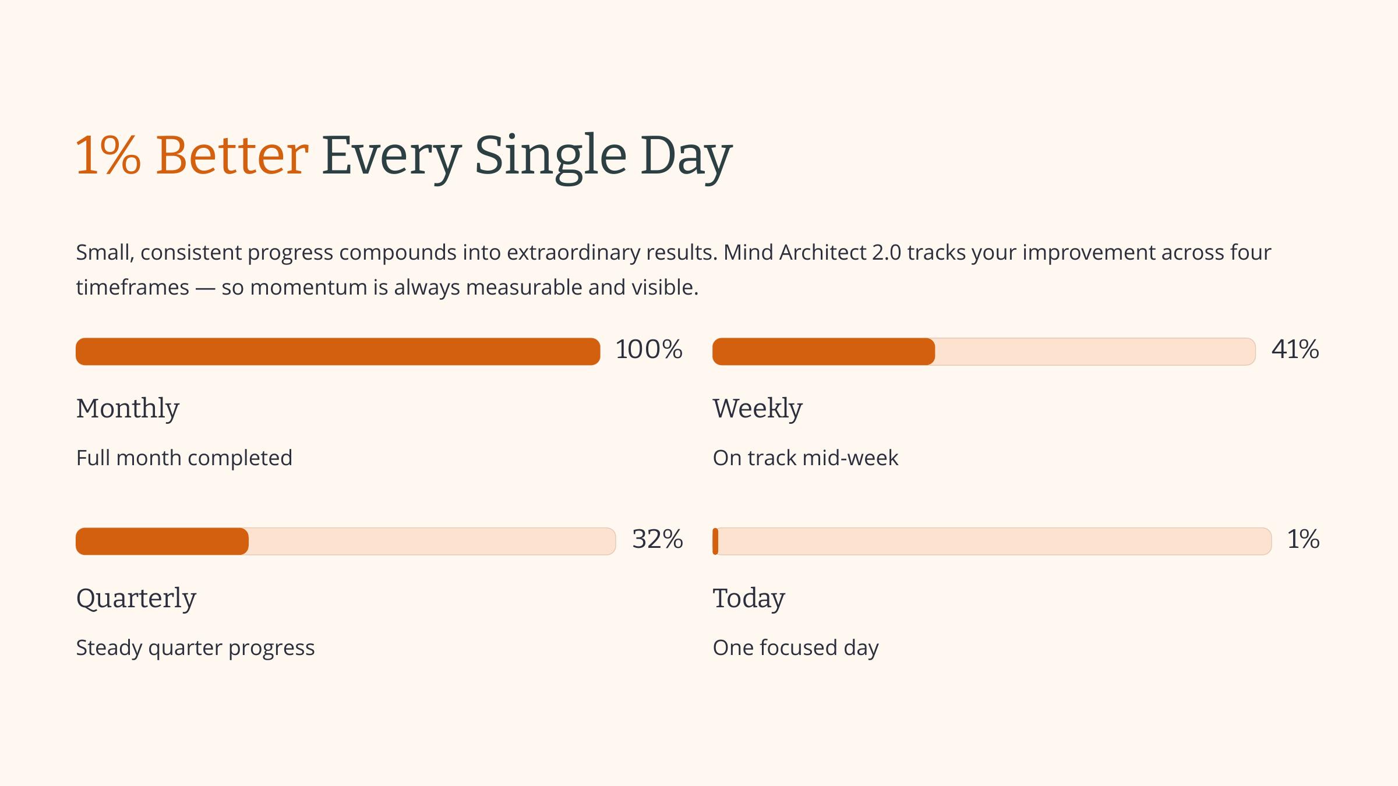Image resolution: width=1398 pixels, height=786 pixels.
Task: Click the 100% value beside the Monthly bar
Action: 649,350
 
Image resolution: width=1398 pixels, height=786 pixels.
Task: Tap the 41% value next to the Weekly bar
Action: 1295,350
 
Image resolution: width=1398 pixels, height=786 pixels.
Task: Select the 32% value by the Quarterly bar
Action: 657,540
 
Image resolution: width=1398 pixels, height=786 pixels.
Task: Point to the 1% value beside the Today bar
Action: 1303,540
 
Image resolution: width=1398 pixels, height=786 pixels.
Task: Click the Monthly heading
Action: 128,409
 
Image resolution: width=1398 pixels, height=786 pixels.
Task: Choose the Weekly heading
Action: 757,409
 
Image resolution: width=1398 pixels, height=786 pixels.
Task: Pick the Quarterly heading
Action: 136,599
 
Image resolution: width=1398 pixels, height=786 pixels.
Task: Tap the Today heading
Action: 749,599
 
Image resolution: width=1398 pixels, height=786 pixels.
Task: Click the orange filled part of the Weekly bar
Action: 823,352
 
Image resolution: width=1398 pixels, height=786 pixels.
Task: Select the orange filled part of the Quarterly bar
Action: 162,541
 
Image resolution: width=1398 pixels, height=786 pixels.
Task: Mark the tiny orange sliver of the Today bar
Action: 715,541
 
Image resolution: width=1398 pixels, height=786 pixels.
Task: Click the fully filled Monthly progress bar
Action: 338,352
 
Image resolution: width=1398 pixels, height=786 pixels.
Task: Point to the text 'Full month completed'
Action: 184,458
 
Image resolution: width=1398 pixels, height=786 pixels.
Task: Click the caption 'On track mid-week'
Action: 805,458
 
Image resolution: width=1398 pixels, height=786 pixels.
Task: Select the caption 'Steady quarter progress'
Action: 195,648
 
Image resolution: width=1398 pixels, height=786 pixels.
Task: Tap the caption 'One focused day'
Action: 795,648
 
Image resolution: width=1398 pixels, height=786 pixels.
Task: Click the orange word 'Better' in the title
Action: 232,155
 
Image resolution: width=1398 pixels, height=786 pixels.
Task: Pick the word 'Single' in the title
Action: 550,155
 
